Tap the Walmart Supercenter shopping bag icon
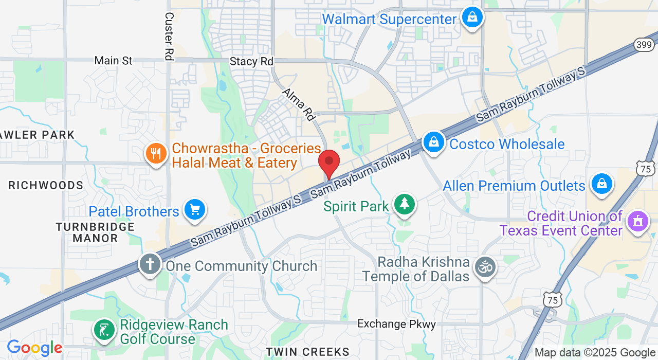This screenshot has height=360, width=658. click(x=472, y=18)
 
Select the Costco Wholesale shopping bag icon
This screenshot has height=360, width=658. click(x=434, y=142)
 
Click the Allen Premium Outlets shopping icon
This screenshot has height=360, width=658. click(x=601, y=184)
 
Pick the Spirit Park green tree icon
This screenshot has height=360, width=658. click(x=405, y=204)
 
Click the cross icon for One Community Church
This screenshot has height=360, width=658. click(x=150, y=264)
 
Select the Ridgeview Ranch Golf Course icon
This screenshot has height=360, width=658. click(x=105, y=330)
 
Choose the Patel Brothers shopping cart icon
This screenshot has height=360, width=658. click(x=195, y=210)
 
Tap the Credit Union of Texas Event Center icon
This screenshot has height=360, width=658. click(x=638, y=222)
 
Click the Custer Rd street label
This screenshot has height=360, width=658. click(x=168, y=36)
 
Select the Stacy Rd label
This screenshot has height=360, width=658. click(x=251, y=61)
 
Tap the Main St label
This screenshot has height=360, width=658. click(x=113, y=61)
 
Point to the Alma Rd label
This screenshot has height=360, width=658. click(x=299, y=104)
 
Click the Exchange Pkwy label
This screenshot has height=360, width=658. click(x=396, y=324)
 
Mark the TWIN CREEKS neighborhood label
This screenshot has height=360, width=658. click(x=307, y=352)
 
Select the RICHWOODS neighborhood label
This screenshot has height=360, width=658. click(x=46, y=185)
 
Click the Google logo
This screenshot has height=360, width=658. click(x=34, y=348)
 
